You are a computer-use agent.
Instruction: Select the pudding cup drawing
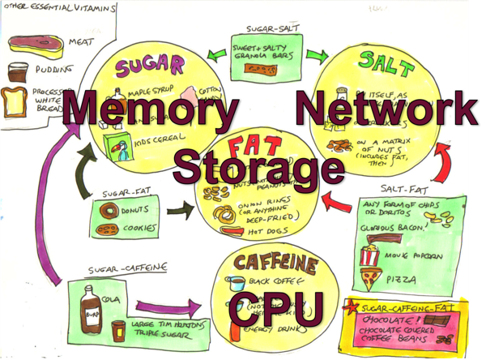(18, 71)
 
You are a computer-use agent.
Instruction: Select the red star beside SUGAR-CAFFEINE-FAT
(352, 307)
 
